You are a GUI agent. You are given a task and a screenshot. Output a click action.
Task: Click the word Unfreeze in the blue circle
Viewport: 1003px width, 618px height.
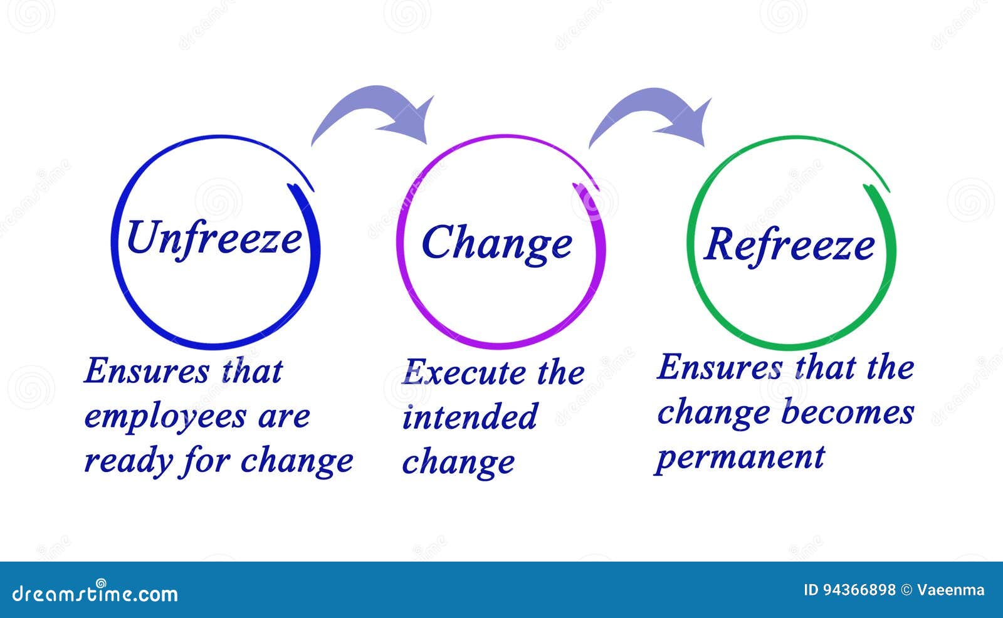coord(214,239)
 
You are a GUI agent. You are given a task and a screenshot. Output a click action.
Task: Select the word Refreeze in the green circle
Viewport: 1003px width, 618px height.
coord(789,245)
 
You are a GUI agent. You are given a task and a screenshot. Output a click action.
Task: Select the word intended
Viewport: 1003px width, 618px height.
coord(470,417)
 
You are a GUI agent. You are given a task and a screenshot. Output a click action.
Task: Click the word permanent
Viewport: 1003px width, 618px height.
coord(740,458)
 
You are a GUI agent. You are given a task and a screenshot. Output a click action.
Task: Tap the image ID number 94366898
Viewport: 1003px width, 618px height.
coord(858,590)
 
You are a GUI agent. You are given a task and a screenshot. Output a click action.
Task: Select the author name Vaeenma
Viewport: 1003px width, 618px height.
coord(951,590)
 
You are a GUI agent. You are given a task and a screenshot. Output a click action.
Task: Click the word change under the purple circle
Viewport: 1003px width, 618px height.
coord(458,463)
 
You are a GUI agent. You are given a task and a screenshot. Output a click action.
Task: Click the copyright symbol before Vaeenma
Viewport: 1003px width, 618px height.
coord(906,590)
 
